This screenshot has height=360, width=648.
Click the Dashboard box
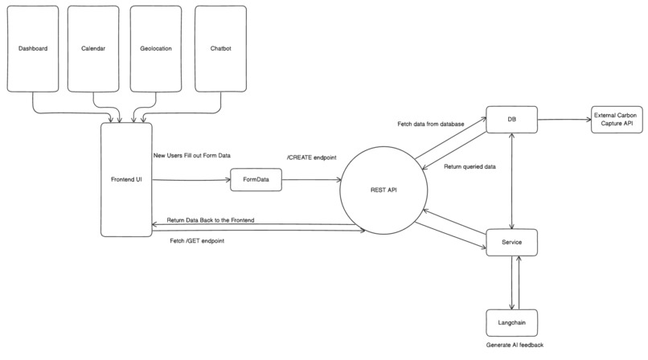[x=33, y=48]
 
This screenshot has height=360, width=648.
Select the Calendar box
[x=94, y=48]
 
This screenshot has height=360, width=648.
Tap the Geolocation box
[x=156, y=48]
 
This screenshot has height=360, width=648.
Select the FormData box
[x=256, y=181]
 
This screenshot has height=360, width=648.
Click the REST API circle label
[x=383, y=190]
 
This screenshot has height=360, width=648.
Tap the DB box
[x=511, y=119]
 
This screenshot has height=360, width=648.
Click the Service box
[x=511, y=242]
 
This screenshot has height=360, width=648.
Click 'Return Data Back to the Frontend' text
[x=211, y=219]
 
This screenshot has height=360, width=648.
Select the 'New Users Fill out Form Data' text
[x=191, y=155]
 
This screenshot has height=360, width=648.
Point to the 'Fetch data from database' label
[x=430, y=125]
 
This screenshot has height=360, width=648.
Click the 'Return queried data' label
[x=470, y=167]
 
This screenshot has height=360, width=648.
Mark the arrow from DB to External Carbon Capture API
[x=563, y=120]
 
